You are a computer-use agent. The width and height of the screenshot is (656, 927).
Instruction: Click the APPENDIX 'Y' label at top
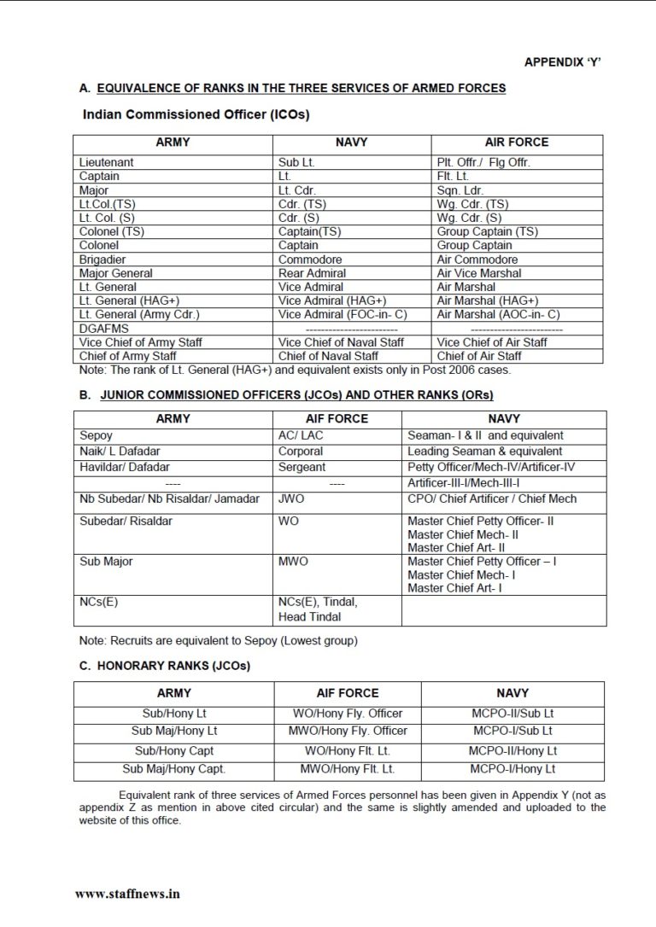[567, 62]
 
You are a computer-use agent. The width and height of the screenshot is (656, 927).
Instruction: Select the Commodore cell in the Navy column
[310, 259]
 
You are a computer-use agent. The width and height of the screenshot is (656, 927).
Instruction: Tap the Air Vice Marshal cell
[478, 273]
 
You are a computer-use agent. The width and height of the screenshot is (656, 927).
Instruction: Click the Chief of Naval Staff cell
[328, 356]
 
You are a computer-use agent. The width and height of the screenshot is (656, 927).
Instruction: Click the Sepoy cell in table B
[96, 435]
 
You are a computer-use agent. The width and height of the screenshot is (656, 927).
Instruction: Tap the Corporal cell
[302, 451]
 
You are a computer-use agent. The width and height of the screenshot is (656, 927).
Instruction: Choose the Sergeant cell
[302, 467]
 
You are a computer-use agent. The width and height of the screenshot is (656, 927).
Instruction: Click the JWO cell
[291, 498]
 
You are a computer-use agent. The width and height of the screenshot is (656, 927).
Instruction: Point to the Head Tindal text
[309, 616]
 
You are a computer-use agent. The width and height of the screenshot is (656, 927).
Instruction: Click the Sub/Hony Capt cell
[173, 751]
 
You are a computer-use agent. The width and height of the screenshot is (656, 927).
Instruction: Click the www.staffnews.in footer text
[127, 894]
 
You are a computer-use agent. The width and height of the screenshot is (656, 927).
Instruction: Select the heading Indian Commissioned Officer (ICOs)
[196, 114]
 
